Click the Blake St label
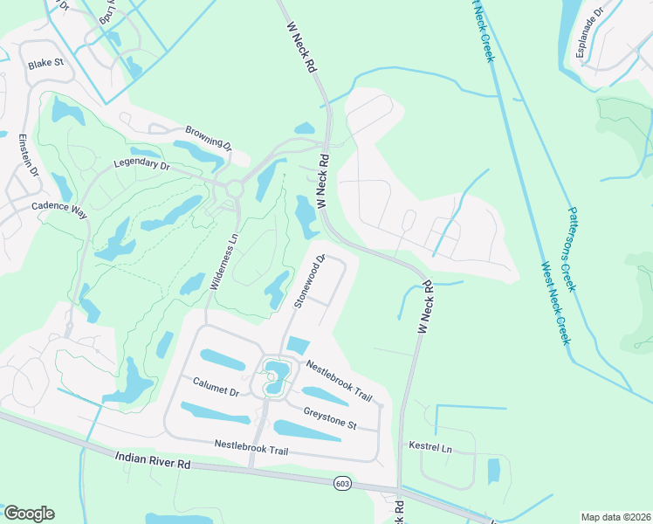point(46,64)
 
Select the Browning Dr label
point(208,138)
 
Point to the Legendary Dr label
point(141,164)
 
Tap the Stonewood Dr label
point(310,281)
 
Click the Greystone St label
point(330,417)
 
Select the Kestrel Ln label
point(430,447)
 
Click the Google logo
point(29,514)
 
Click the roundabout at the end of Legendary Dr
point(233,188)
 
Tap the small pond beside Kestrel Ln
point(493,471)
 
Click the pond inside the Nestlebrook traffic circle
point(275,377)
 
